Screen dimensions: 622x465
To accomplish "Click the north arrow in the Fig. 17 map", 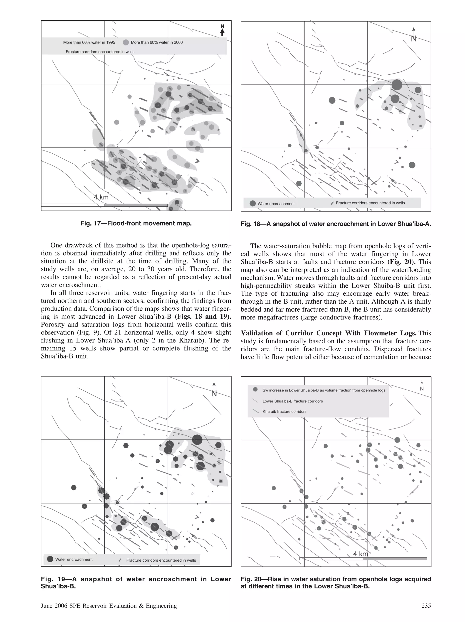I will pyautogui.click(x=222, y=30).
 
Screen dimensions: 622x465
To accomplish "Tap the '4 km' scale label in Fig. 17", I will pyautogui.click(x=101, y=197).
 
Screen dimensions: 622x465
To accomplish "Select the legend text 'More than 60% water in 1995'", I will pyautogui.click(x=89, y=42).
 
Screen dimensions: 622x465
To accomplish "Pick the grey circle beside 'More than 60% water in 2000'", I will pyautogui.click(x=126, y=42).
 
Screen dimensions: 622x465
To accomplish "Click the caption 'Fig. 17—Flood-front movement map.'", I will pyautogui.click(x=136, y=223).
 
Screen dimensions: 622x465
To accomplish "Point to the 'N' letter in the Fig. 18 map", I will pyautogui.click(x=413, y=39).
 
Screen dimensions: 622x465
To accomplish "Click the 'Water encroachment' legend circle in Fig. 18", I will pyautogui.click(x=252, y=203).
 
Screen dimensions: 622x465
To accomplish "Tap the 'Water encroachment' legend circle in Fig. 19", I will pyautogui.click(x=50, y=559).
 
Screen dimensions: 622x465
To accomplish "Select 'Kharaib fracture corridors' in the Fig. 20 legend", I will pyautogui.click(x=284, y=411).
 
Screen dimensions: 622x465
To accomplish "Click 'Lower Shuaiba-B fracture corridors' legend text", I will pyautogui.click(x=293, y=401).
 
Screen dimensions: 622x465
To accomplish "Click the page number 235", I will pyautogui.click(x=426, y=606).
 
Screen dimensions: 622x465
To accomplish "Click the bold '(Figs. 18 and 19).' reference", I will pyautogui.click(x=203, y=317).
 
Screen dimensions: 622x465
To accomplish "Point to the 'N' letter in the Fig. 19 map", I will pyautogui.click(x=214, y=394).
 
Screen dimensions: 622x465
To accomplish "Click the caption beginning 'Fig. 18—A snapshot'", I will pyautogui.click(x=336, y=224).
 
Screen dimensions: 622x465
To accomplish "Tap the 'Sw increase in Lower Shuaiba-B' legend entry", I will pyautogui.click(x=324, y=390).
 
